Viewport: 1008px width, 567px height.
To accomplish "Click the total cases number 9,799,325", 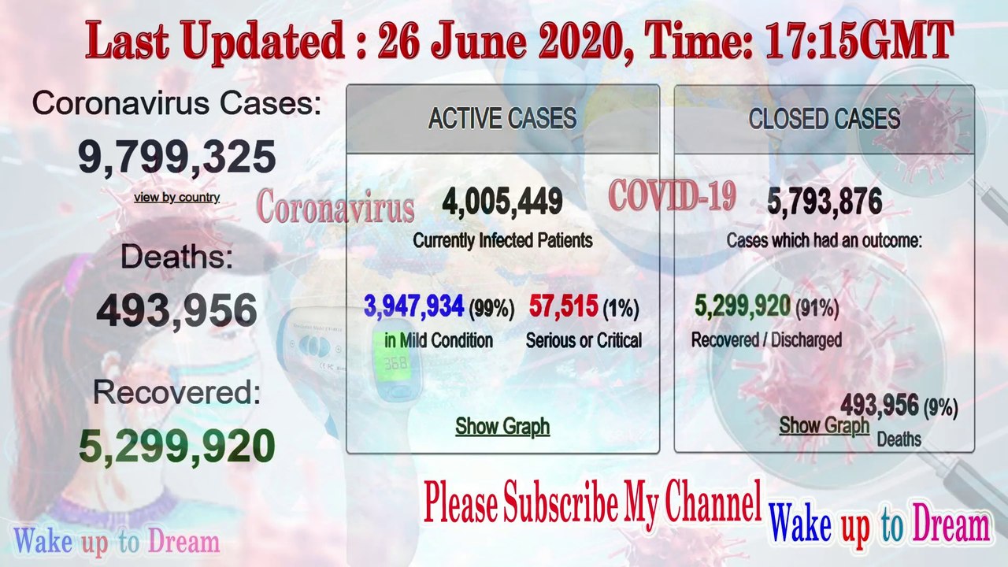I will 176,157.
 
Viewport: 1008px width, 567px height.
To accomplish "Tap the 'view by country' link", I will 176,198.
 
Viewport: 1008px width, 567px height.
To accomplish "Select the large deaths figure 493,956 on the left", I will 176,310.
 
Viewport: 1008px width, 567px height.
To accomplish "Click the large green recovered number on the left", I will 176,446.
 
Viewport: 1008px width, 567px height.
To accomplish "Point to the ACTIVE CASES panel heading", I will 502,119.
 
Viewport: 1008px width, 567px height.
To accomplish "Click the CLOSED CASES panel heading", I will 824,119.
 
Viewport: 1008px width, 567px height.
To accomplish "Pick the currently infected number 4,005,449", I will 502,202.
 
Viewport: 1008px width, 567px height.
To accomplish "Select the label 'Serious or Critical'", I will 584,340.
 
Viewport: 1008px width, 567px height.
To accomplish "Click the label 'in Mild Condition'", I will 439,340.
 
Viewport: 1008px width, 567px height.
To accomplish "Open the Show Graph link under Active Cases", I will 502,426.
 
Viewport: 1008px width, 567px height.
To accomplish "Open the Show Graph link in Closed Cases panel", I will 824,425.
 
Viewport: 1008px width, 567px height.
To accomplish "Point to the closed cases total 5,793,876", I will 824,202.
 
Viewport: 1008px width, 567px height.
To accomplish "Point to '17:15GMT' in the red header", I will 859,41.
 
